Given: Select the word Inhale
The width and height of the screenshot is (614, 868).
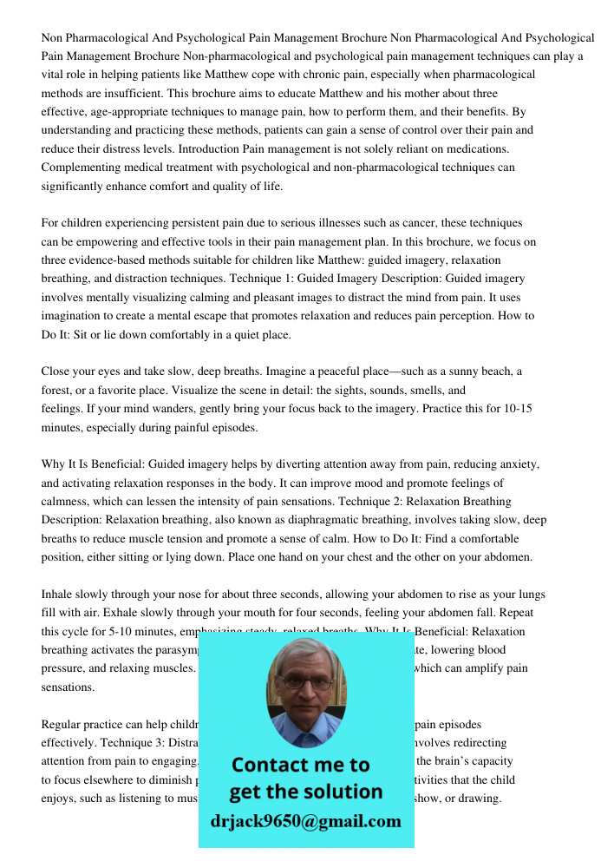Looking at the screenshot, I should [57, 595].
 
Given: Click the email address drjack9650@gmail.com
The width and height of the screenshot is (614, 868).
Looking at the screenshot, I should [306, 820].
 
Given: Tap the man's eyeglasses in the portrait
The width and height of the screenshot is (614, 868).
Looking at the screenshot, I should [305, 682].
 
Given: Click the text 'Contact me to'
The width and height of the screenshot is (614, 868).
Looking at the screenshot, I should [300, 766].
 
